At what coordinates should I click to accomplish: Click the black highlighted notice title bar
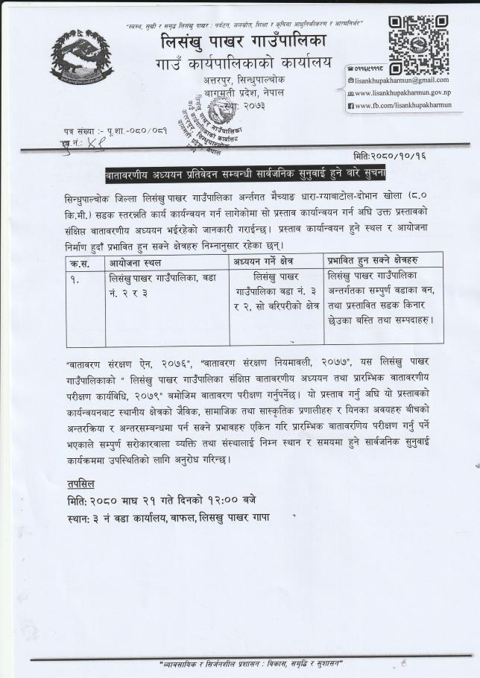point(245,174)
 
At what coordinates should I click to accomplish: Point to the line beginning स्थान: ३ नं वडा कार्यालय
point(167,517)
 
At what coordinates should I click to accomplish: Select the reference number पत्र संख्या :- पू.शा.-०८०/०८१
point(115,132)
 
